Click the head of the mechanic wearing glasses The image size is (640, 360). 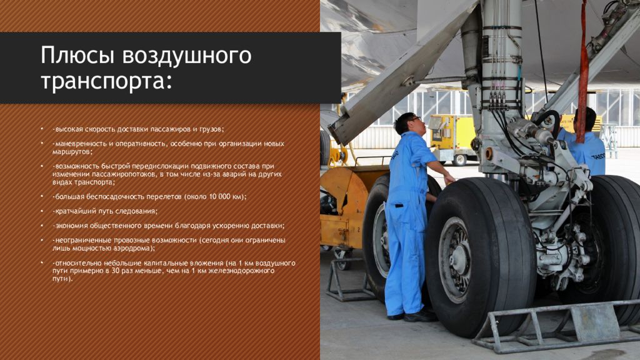[407, 123]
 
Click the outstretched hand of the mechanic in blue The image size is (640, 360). [449, 179]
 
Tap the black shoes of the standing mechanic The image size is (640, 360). [412, 316]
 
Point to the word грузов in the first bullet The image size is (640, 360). [211, 129]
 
